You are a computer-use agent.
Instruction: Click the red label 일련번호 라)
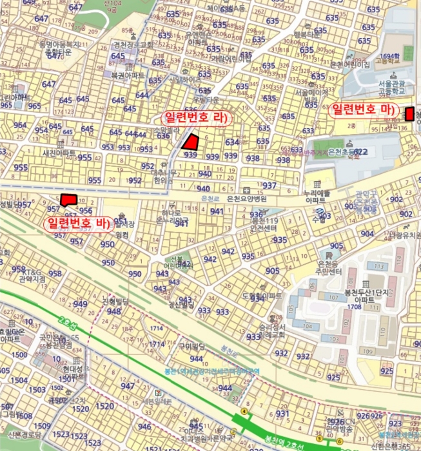click(193, 118)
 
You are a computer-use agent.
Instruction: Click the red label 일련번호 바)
click(77, 223)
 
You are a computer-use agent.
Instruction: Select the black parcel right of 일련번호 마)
click(409, 115)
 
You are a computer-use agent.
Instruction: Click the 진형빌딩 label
click(115, 302)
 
